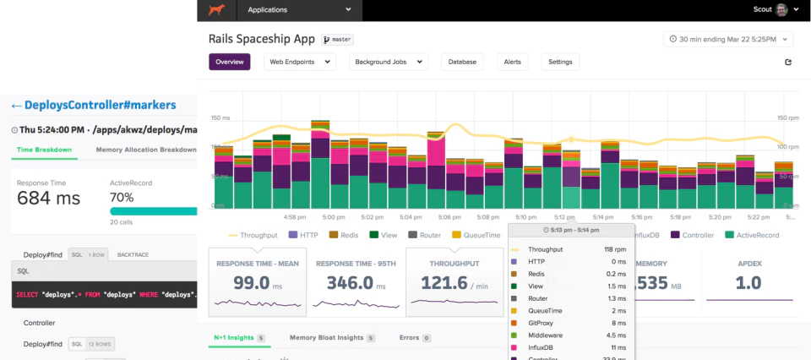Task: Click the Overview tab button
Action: (229, 62)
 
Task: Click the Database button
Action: (461, 62)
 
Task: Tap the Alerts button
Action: (512, 62)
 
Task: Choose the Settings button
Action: (560, 62)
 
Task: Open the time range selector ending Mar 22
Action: (727, 39)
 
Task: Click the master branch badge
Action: (337, 40)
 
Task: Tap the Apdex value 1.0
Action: (748, 283)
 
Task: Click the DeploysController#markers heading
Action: (100, 105)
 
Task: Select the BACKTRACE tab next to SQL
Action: (133, 254)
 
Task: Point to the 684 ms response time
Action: (49, 199)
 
